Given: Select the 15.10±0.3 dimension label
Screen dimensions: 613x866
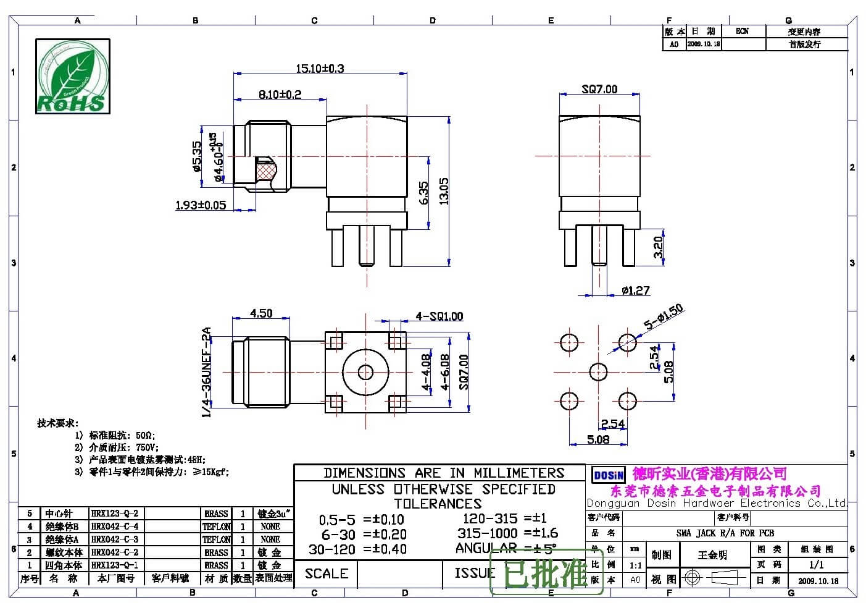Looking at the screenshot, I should pos(320,68).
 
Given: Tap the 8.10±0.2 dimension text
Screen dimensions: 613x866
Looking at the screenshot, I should pos(280,94).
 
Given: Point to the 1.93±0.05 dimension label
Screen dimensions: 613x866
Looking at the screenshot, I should pos(201,205).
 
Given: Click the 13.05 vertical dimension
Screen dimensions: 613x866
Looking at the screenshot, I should pos(444,191).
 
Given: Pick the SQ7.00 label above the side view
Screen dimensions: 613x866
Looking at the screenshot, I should pos(599,89).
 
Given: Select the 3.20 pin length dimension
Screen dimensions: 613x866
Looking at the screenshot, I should pos(658,247).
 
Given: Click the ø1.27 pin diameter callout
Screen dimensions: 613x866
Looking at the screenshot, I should pos(635,290).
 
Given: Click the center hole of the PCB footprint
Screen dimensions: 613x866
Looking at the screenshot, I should pos(598,372).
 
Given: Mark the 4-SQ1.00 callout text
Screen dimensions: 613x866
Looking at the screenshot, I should pos(439,316).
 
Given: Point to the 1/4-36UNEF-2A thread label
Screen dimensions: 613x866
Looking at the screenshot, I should pos(207,372).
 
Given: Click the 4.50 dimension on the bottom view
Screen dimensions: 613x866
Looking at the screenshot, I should pos(261,313).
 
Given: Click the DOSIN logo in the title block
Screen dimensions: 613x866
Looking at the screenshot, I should pos(608,475).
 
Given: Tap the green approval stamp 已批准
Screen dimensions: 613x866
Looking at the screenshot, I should pos(546,574).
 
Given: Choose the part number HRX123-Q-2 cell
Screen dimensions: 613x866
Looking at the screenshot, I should pos(115,514).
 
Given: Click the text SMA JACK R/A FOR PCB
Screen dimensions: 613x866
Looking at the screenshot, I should pos(725,533).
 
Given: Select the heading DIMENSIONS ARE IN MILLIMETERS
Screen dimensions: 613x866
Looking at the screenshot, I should pos(444,473).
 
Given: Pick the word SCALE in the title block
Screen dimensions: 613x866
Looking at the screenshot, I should pos(326,573).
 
